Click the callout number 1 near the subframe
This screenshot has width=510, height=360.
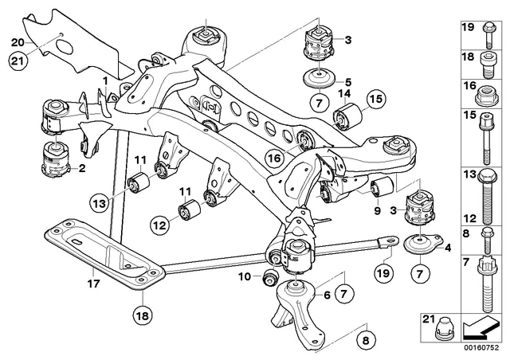[104, 81]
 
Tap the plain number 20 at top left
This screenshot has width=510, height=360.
[18, 42]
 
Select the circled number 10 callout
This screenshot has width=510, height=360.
[246, 276]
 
